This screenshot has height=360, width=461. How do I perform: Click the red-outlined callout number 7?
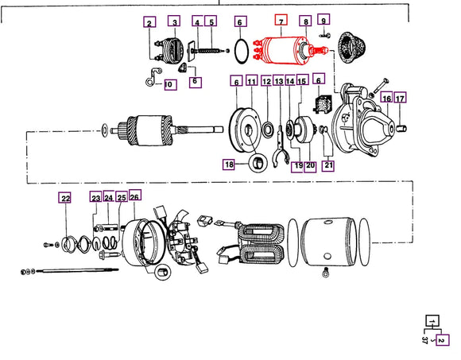point(280,21)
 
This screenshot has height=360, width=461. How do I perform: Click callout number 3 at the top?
point(174,22)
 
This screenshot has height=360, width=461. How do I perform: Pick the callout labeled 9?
point(323,20)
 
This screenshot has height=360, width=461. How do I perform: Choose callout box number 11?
point(251,82)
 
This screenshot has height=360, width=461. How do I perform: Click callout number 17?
point(401,99)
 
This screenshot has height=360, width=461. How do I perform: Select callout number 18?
point(229,165)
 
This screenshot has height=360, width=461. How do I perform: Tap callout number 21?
point(328,165)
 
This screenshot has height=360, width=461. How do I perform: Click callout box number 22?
point(65,198)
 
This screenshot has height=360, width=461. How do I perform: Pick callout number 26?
point(134,198)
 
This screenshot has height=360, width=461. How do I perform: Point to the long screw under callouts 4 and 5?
point(203,51)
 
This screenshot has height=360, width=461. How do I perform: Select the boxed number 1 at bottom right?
point(430,321)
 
